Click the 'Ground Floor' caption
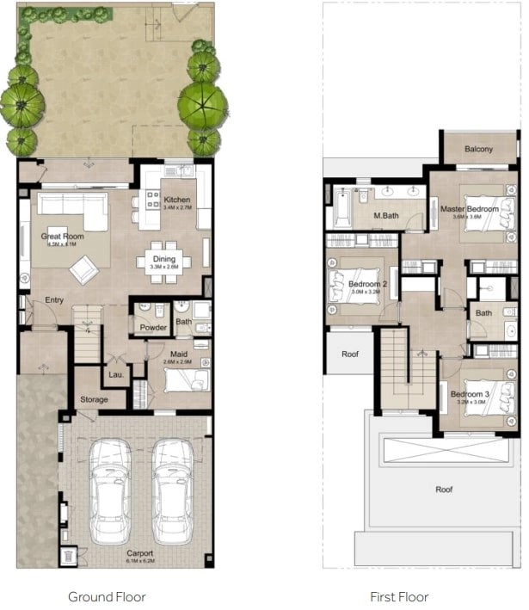coord(107,596)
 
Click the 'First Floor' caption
coord(399,596)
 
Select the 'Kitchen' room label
coord(176,200)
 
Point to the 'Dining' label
coord(164,259)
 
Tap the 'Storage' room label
coord(95,399)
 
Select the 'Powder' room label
coord(153,327)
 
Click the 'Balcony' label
coord(479,149)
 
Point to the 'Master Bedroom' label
coord(470,209)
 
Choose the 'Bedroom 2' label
coord(367,284)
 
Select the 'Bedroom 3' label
coord(470,395)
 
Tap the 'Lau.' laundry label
coord(116,374)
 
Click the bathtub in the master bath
coord(341,206)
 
